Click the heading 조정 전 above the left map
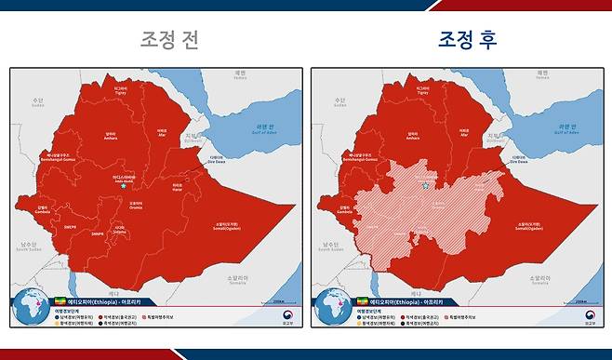[168, 40]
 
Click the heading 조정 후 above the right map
[470, 40]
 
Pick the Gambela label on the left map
[43, 210]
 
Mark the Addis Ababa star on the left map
[125, 186]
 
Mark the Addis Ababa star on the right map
[426, 186]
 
